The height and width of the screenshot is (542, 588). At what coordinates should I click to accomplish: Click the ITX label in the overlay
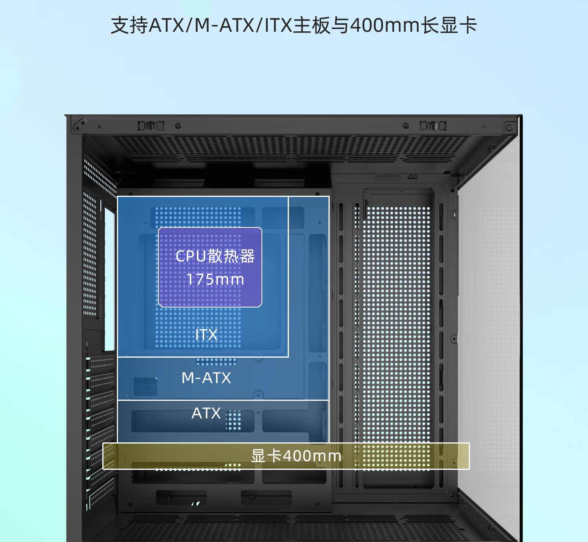pyautogui.click(x=206, y=335)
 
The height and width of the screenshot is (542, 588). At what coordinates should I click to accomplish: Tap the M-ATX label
pyautogui.click(x=206, y=378)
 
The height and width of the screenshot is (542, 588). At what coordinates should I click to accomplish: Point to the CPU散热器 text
pyautogui.click(x=215, y=256)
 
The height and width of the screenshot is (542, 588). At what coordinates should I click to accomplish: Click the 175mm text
pyautogui.click(x=215, y=280)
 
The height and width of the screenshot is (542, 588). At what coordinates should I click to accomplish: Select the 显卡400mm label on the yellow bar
pyautogui.click(x=296, y=456)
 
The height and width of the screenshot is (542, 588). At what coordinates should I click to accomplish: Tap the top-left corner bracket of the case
pyautogui.click(x=79, y=126)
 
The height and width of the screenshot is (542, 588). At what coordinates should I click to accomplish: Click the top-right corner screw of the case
pyautogui.click(x=509, y=127)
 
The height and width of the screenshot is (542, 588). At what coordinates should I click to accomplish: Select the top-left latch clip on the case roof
pyautogui.click(x=151, y=126)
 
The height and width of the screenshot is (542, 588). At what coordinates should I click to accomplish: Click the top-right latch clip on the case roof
pyautogui.click(x=433, y=126)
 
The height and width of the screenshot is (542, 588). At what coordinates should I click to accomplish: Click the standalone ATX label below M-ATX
pyautogui.click(x=206, y=413)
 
